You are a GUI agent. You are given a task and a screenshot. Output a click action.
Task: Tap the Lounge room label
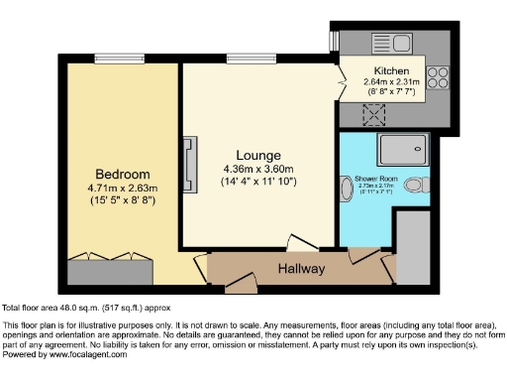click(257, 156)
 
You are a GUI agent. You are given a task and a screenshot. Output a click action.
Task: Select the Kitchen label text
click(392, 69)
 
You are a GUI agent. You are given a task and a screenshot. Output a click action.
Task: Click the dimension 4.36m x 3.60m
click(257, 170)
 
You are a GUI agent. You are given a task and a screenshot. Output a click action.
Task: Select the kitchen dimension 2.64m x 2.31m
click(392, 82)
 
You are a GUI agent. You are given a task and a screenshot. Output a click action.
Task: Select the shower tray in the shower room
click(403, 148)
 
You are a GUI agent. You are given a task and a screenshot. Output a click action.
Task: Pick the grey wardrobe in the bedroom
click(109, 269)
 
